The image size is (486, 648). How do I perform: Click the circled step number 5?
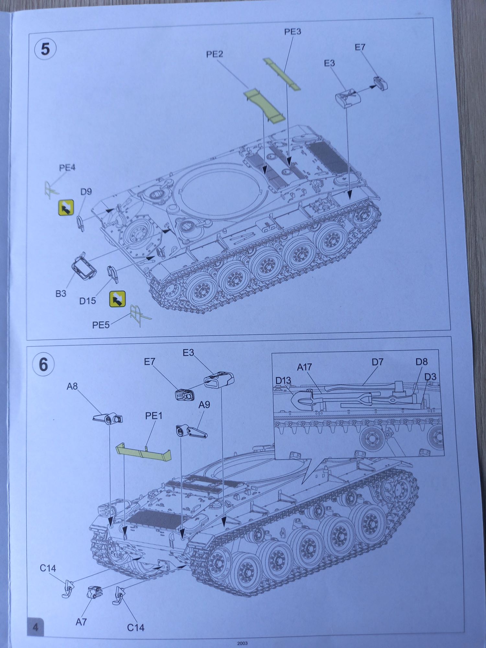tap(45, 49)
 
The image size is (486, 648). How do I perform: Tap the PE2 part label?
tap(214, 54)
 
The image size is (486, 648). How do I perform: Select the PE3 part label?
tap(292, 31)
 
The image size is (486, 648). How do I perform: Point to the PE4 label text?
tap(67, 168)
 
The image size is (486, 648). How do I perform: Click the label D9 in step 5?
tap(86, 191)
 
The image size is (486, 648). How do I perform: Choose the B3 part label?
tap(61, 294)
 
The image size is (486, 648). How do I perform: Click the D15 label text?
tap(87, 301)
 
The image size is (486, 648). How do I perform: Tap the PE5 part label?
tap(101, 325)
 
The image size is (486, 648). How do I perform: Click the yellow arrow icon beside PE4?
tap(66, 208)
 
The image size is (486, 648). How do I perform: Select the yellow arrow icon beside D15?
tap(117, 299)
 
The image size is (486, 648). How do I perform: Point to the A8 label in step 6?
tap(72, 386)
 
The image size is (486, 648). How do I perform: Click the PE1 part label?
tap(154, 416)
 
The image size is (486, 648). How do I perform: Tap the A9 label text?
tap(204, 405)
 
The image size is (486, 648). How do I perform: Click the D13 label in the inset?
tap(283, 380)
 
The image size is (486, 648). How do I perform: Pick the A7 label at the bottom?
tap(81, 622)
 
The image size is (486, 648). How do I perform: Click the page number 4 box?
tap(35, 627)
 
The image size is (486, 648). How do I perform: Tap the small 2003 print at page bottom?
tap(242, 643)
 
